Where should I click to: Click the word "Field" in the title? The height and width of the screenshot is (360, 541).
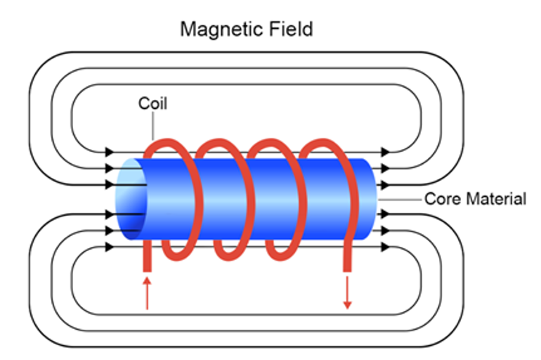pyautogui.click(x=290, y=30)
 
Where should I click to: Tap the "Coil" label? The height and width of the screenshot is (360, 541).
pyautogui.click(x=152, y=104)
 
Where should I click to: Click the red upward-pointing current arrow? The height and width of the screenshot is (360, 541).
pyautogui.click(x=147, y=293)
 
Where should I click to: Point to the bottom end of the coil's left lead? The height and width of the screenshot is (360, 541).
pyautogui.click(x=148, y=269)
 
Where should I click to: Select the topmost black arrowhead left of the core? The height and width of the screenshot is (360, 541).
pyautogui.click(x=109, y=151)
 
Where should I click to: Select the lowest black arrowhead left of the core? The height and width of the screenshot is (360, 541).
pyautogui.click(x=109, y=247)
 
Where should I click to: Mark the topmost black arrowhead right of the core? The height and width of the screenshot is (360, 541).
pyautogui.click(x=384, y=151)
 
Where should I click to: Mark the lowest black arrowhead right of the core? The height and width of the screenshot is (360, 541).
pyautogui.click(x=384, y=247)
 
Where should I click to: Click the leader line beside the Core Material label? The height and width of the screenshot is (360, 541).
pyautogui.click(x=400, y=200)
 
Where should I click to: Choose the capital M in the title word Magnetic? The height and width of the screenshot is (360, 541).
pyautogui.click(x=188, y=30)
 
